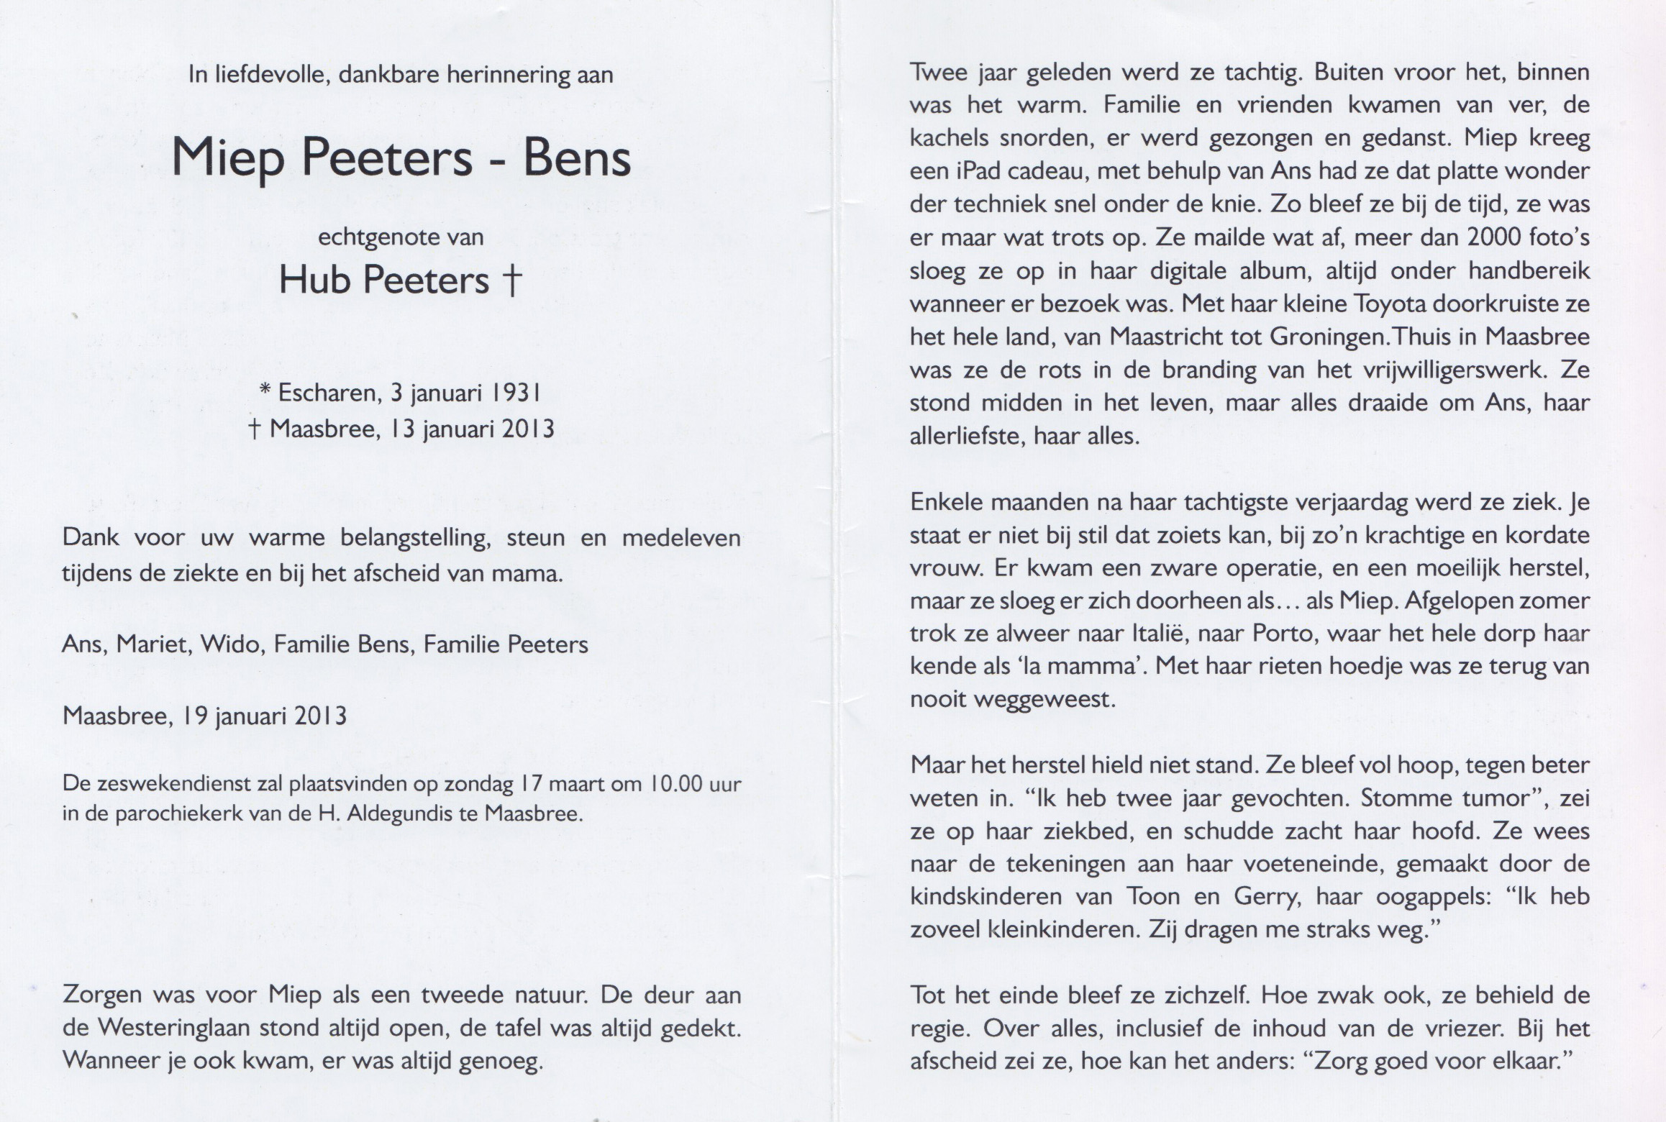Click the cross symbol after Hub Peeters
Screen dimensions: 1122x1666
pos(511,280)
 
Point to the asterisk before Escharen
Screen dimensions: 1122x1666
pos(265,391)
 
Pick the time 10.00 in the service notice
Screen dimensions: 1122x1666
pos(675,783)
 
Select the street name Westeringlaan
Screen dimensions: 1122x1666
pos(173,1028)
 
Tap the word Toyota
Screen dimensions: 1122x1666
pos(1390,304)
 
